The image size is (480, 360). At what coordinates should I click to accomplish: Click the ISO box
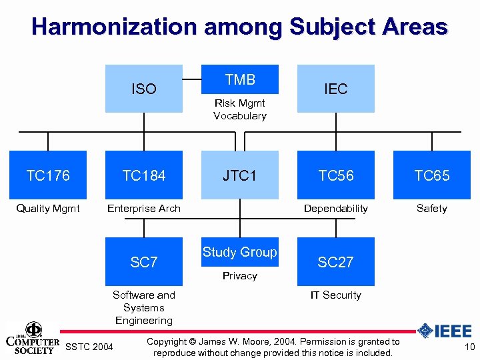144,89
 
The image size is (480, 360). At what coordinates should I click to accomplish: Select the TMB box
240,80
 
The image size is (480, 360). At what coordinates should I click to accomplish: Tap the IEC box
335,89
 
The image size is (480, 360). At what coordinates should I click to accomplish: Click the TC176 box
48,175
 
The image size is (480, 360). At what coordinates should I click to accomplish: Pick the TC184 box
144,175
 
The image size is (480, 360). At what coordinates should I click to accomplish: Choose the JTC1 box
240,175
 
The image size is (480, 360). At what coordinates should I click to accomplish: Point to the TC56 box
335,175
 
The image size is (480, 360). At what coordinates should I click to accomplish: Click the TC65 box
431,175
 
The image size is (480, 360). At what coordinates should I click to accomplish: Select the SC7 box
144,262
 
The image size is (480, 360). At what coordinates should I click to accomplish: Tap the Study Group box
240,252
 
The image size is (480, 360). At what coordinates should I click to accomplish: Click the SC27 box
335,262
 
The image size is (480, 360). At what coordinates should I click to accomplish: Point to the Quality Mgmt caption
48,209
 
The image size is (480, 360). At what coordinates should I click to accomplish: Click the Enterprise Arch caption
144,209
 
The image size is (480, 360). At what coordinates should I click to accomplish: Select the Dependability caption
335,209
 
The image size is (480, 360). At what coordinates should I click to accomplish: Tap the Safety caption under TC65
431,209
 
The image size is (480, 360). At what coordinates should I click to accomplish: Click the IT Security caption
335,295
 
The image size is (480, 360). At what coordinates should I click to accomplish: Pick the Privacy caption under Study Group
240,276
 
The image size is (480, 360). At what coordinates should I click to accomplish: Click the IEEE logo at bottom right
445,331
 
